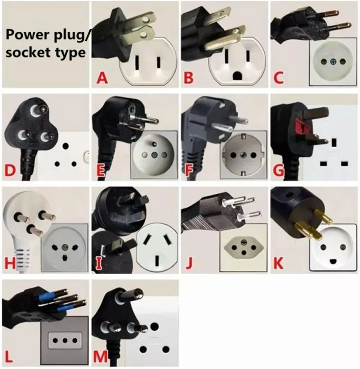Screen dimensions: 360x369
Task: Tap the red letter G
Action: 279,170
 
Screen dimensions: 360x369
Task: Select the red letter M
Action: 100,356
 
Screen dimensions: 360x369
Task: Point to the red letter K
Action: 278,263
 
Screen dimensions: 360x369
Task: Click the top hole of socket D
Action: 66,147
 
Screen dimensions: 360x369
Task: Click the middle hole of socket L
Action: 65,340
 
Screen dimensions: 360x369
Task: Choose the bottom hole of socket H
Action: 65,258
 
